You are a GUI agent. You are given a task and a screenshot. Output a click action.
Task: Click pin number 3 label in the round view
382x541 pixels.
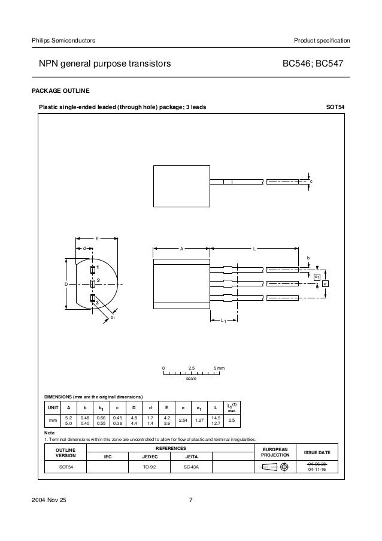96,303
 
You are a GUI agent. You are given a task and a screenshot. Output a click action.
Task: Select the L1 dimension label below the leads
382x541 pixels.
223,322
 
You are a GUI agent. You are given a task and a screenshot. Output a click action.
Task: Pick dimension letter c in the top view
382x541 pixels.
311,180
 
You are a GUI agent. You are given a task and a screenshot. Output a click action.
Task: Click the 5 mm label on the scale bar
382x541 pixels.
219,367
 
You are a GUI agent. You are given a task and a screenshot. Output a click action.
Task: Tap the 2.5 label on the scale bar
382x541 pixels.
192,367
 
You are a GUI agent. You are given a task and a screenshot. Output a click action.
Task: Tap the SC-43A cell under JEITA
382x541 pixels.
192,467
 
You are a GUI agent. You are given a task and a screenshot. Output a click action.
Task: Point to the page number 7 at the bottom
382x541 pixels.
190,501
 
